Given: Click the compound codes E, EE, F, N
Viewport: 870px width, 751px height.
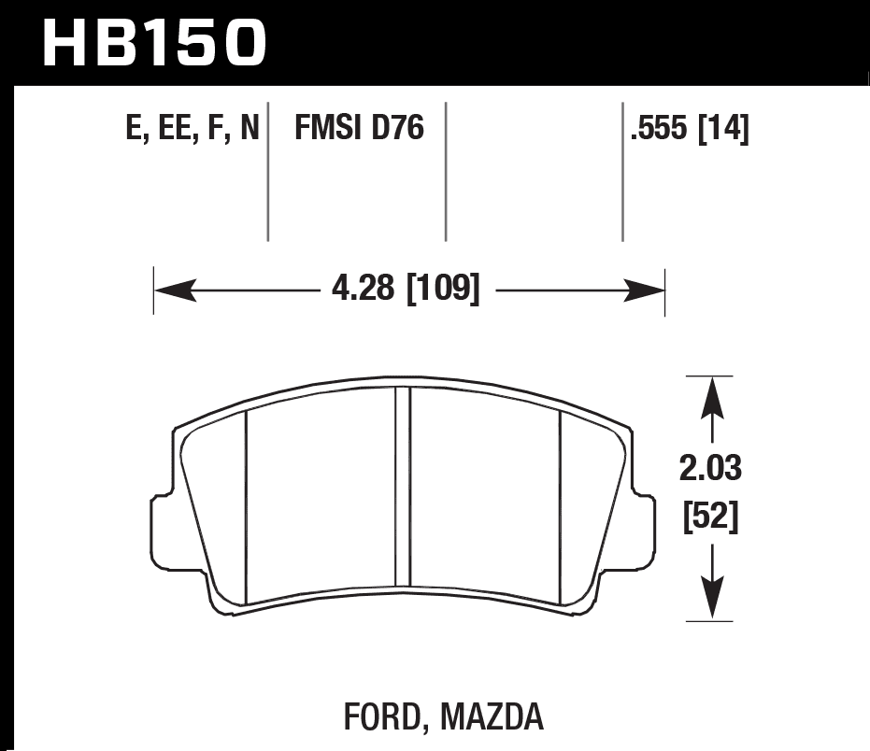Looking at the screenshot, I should (x=192, y=128).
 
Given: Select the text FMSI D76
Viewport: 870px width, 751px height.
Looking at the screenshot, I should (x=360, y=128).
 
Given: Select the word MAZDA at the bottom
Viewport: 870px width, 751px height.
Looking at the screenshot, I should (x=493, y=717).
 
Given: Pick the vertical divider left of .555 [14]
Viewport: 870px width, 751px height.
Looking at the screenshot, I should (x=622, y=173).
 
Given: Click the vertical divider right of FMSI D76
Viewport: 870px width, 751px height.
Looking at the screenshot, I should (x=446, y=173).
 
